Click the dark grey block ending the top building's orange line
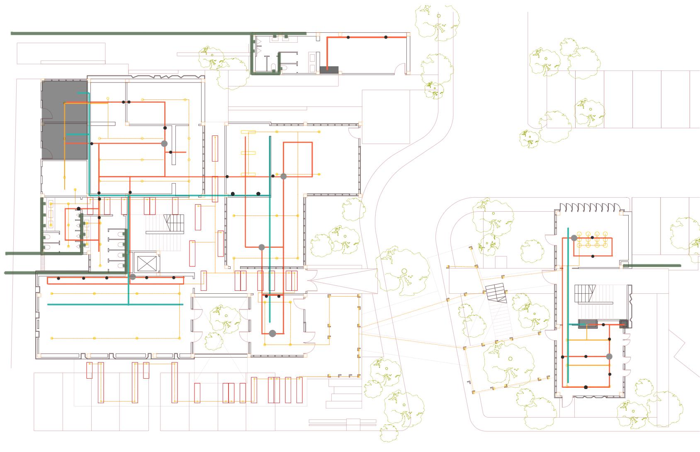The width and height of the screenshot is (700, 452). (329, 70)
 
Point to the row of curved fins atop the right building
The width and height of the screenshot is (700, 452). (588, 206)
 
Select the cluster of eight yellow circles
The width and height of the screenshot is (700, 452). (592, 240)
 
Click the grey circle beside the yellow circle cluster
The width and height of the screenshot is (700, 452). (574, 238)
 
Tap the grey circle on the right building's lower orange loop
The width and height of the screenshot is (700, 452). (609, 356)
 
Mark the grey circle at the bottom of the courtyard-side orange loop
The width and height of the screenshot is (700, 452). (272, 333)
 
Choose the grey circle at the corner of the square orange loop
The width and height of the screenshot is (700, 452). (284, 176)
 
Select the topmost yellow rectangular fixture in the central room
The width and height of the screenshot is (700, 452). (248, 132)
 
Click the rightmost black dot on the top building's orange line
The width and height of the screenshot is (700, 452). (386, 37)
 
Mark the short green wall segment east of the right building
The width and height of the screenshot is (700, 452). (652, 266)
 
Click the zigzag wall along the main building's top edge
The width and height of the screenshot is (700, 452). (166, 77)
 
